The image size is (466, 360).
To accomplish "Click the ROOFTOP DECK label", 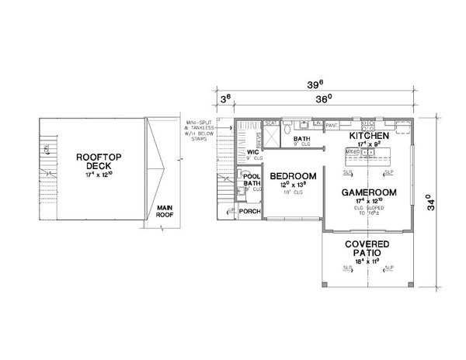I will point(93,161).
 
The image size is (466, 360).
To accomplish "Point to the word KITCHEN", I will point(367,135).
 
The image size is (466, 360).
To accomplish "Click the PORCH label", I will point(249,210).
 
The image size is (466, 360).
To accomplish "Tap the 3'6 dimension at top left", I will point(225,99).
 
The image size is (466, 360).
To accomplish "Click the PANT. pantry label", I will point(332,124).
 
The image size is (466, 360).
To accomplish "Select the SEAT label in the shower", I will point(272,123).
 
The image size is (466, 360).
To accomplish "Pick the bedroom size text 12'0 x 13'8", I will point(293,185).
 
